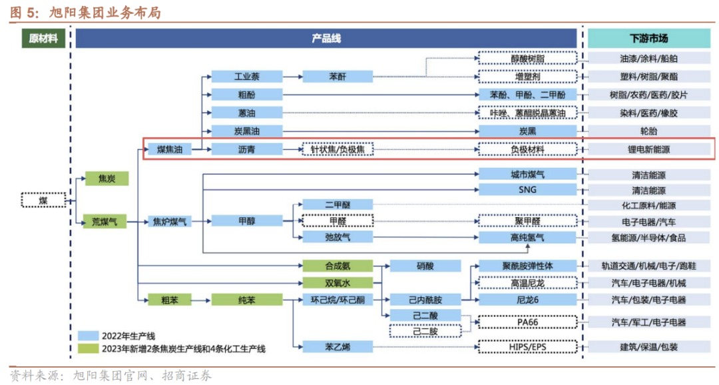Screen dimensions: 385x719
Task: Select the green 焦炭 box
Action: coord(107,179)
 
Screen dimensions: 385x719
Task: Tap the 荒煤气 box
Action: coord(105,221)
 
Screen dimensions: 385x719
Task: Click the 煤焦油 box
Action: coord(169,150)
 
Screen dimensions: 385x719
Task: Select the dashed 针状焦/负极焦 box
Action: coord(338,150)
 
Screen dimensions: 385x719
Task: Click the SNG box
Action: coord(527,189)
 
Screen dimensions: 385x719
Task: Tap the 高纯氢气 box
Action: coord(527,237)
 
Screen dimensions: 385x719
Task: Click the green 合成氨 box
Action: coord(337,266)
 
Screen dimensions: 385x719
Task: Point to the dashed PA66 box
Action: coord(527,322)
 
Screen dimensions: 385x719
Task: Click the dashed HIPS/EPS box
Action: coord(527,346)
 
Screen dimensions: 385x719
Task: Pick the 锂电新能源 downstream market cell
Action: coord(648,150)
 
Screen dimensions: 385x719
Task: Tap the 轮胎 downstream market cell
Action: coord(648,131)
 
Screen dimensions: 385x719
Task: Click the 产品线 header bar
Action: coord(326,39)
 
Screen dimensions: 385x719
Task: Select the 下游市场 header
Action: coord(648,39)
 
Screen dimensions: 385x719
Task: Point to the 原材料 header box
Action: coord(43,39)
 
